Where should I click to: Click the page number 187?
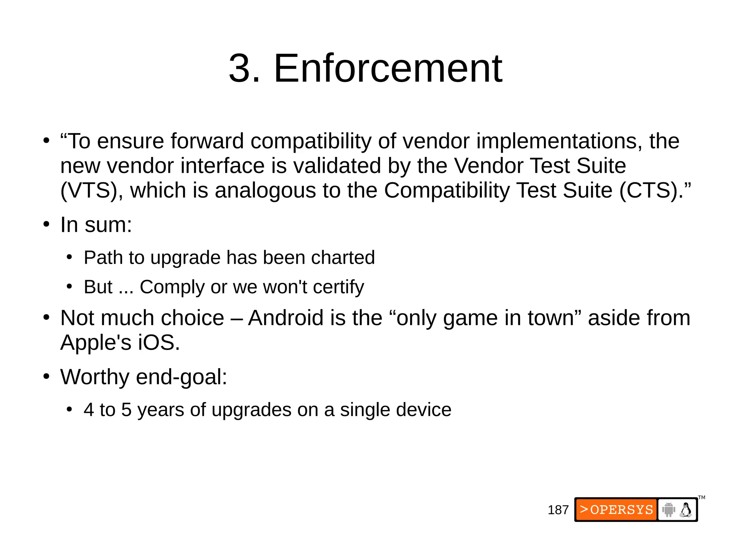pos(558,510)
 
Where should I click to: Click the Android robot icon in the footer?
pos(669,509)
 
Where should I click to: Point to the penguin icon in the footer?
pos(686,509)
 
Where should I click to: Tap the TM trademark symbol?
pos(701,497)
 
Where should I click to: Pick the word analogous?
pos(265,190)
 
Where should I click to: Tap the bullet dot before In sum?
pos(46,225)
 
